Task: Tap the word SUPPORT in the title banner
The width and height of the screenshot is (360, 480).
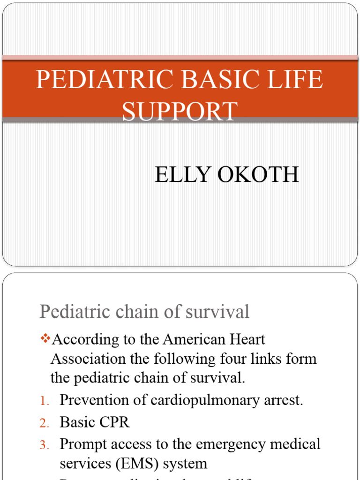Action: [x=180, y=112]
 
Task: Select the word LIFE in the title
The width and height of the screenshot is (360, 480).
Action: [x=296, y=79]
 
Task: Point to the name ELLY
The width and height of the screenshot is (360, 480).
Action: [x=181, y=175]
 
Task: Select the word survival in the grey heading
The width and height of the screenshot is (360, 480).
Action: [x=219, y=312]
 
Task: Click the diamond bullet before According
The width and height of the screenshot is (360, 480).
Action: [x=45, y=338]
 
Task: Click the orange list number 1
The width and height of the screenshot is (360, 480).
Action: [x=44, y=401]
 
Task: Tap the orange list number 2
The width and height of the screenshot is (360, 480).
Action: [x=44, y=423]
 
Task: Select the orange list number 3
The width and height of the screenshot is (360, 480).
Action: [x=44, y=444]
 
